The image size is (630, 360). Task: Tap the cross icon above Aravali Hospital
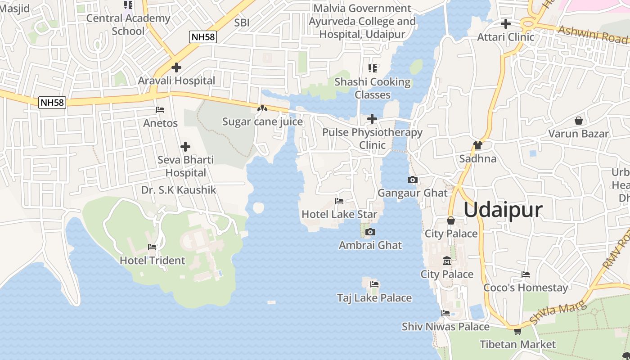[x=176, y=67]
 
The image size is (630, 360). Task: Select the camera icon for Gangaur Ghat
[x=412, y=180]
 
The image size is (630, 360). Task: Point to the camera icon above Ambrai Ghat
[x=370, y=232]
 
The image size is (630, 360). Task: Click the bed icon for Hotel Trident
[x=152, y=247]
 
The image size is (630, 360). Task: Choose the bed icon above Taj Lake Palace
[x=374, y=284]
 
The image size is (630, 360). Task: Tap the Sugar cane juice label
[x=262, y=122]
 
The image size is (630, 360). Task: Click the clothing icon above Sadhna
[x=477, y=145]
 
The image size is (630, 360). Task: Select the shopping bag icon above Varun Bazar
[x=578, y=121]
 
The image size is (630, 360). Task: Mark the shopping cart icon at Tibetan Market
[x=517, y=332]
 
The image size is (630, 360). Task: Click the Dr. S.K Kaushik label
[x=179, y=190]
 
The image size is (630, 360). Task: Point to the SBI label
[x=242, y=22]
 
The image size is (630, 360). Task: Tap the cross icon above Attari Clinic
[x=506, y=23]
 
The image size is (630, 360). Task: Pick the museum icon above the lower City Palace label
[x=447, y=261]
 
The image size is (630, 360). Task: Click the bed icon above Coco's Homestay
[x=525, y=274]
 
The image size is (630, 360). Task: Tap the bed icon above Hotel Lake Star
[x=339, y=201]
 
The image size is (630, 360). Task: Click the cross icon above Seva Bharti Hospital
[x=185, y=147]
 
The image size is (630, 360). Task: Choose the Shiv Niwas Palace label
[x=445, y=327]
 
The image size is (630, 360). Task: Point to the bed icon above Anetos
[x=160, y=110]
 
